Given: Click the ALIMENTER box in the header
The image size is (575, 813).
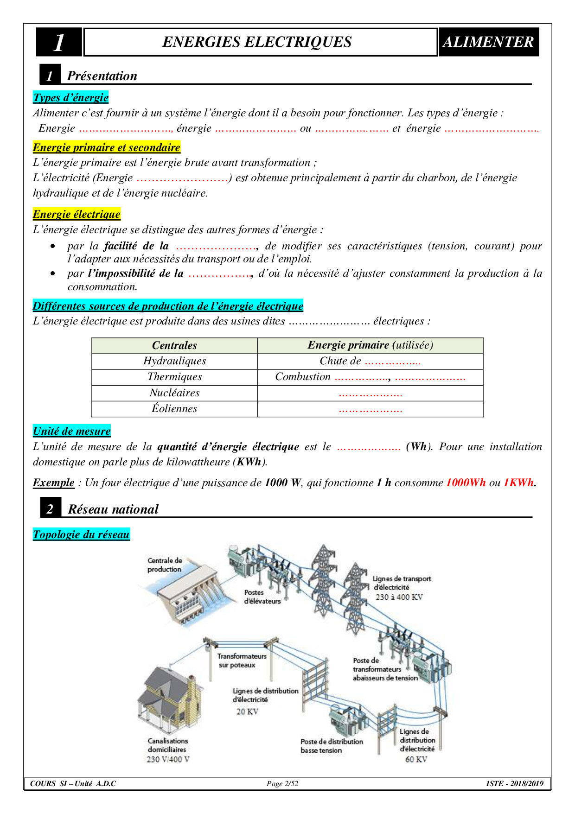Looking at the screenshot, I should pyautogui.click(x=488, y=42).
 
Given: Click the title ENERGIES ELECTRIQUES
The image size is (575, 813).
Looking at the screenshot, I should pyautogui.click(x=257, y=42).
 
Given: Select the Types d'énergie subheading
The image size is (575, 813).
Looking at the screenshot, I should pyautogui.click(x=71, y=97).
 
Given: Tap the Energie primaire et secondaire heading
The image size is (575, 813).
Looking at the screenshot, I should pyautogui.click(x=106, y=147).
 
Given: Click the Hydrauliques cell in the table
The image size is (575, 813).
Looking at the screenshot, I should pyautogui.click(x=174, y=361).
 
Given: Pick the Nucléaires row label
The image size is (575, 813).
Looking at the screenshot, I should pyautogui.click(x=174, y=393).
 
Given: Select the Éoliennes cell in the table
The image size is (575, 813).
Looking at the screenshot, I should pyautogui.click(x=174, y=409).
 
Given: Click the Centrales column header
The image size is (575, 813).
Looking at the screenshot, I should pyautogui.click(x=174, y=345).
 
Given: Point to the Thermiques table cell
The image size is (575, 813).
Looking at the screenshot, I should pyautogui.click(x=174, y=377).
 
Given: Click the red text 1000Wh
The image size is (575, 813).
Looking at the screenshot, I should pyautogui.click(x=466, y=483).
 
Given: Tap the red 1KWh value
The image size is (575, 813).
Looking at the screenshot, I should pyautogui.click(x=518, y=483).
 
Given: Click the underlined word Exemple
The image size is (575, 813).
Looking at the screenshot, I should pyautogui.click(x=53, y=483).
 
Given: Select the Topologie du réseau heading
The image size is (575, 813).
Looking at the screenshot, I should pyautogui.click(x=81, y=534).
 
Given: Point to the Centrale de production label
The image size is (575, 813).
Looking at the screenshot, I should pyautogui.click(x=165, y=565).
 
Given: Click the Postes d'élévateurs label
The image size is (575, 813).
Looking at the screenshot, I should pyautogui.click(x=262, y=597).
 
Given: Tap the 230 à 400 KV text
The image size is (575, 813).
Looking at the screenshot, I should pyautogui.click(x=399, y=597).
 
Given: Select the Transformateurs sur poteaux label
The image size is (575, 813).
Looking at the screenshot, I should pyautogui.click(x=242, y=661).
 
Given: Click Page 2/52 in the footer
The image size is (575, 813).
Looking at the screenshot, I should pyautogui.click(x=282, y=784).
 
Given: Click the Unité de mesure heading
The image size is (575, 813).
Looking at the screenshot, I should pyautogui.click(x=72, y=431).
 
